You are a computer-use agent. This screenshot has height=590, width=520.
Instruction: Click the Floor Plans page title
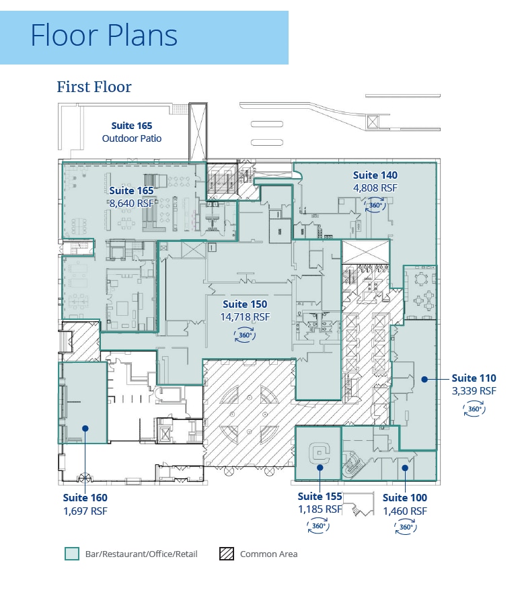[104, 36]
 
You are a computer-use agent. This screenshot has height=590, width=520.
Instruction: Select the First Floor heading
[94, 87]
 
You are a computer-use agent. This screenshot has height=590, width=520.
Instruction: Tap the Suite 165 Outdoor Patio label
[132, 132]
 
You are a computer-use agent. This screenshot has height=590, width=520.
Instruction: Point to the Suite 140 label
[375, 176]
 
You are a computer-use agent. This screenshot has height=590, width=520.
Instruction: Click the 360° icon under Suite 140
[375, 206]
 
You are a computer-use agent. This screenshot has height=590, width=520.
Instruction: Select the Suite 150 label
[245, 304]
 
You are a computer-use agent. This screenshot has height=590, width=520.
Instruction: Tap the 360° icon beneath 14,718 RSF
[245, 334]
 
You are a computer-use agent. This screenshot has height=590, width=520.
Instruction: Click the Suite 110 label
[474, 378]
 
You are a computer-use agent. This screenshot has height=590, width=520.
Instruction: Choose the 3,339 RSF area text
[474, 390]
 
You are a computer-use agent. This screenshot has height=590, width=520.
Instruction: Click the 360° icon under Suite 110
[474, 409]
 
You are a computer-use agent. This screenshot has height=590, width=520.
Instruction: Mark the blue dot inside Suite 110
[424, 379]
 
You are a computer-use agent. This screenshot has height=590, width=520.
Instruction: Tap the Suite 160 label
[85, 498]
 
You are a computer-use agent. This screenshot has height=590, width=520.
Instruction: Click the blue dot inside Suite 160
[85, 427]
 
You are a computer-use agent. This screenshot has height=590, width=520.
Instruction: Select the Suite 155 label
[320, 497]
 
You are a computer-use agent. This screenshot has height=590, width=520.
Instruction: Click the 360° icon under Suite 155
[320, 526]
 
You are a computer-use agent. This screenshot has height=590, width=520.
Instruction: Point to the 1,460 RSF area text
[404, 511]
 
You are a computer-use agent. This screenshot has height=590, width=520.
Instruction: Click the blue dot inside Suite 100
[405, 468]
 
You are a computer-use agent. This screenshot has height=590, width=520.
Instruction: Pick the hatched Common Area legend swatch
[227, 554]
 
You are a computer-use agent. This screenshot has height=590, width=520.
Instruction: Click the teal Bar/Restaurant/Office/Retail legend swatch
[71, 554]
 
